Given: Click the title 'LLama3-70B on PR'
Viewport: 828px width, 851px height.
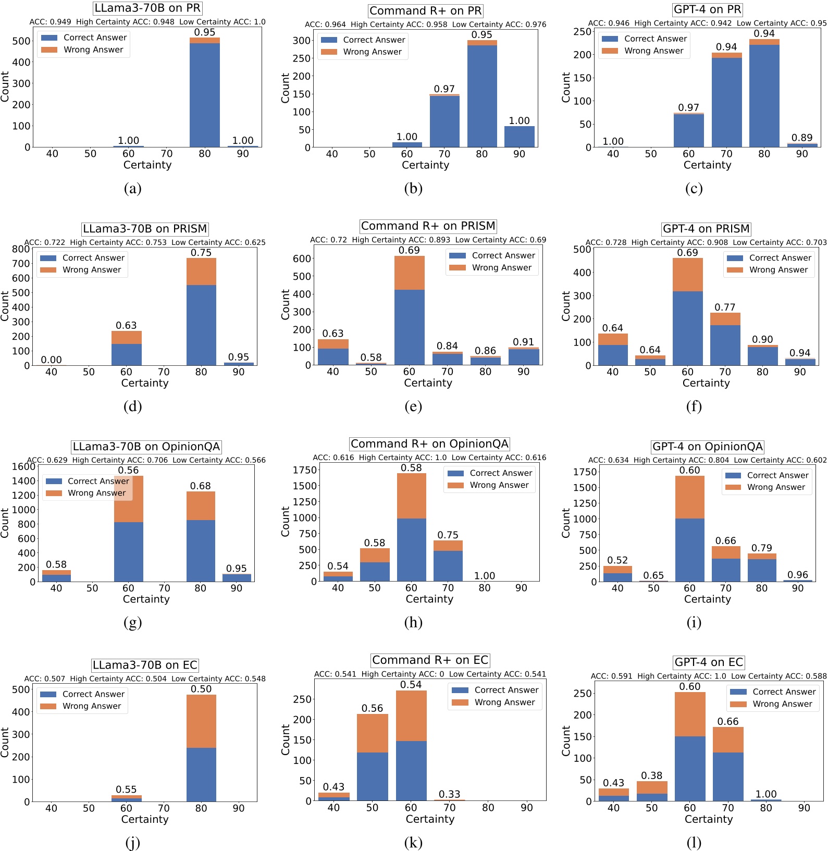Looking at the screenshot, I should click(x=147, y=8).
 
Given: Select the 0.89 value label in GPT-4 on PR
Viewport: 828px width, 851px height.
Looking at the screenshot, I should click(x=801, y=138).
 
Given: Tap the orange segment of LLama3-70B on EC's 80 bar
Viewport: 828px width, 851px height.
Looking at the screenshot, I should click(x=201, y=721).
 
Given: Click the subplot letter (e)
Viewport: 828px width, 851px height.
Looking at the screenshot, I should click(x=413, y=406).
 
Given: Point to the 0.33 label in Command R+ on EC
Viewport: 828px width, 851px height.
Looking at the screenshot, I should click(x=449, y=794).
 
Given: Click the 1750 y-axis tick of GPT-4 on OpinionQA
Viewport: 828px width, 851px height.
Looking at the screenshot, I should click(x=584, y=472).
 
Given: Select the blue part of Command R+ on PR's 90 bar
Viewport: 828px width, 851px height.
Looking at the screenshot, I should click(x=519, y=137).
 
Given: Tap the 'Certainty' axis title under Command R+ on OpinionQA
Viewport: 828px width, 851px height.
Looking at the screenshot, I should click(x=429, y=599).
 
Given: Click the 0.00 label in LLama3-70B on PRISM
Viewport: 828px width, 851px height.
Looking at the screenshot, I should click(x=51, y=360).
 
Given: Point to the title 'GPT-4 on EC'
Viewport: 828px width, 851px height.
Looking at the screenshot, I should click(x=708, y=662).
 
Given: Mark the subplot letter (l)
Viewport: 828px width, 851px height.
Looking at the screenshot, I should click(x=694, y=842).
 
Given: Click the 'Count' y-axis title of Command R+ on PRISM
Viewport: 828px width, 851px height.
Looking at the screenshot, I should click(x=285, y=304).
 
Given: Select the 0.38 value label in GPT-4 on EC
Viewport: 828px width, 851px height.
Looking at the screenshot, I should click(x=651, y=775).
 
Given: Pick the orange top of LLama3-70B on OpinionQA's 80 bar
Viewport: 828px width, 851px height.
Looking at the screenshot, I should click(x=201, y=505).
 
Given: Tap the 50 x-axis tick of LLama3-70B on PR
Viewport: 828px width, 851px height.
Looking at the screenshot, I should click(x=90, y=154).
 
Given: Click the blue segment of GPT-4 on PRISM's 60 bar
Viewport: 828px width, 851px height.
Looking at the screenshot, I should click(x=687, y=328).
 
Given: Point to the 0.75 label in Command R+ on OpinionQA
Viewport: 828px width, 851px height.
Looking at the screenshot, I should click(x=448, y=535).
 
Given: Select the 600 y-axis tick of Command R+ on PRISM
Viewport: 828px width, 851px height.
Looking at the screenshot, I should click(x=302, y=258).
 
